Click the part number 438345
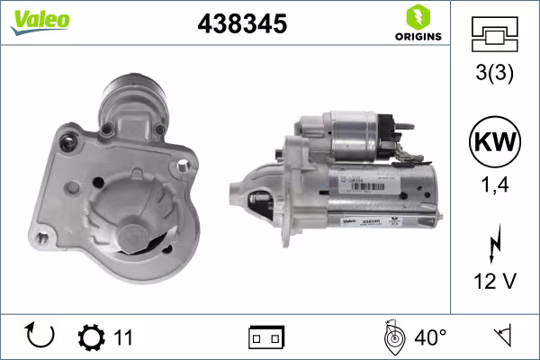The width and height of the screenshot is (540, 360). tap(241, 25)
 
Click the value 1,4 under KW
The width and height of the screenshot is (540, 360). tap(494, 185)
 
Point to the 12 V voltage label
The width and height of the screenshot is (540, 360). tap(494, 282)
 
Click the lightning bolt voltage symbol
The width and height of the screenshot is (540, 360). tap(494, 244)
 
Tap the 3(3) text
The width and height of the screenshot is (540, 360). tap(494, 76)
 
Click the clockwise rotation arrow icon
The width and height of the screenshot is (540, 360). tap(40, 337)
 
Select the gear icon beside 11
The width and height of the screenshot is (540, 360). tap(91, 337)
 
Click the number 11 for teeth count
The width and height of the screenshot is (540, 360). tap(123, 337)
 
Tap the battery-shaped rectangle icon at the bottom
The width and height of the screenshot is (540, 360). tap(266, 338)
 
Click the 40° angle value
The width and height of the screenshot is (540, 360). tap(431, 337)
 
